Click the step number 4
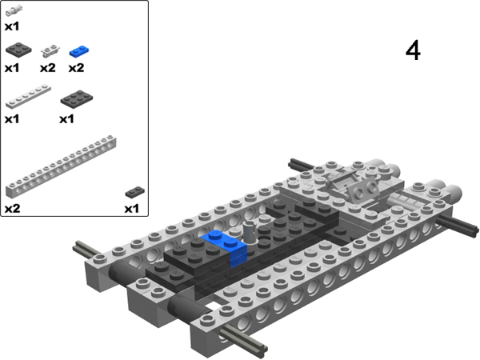(413, 50)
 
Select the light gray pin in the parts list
(15, 10)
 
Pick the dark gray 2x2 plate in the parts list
(17, 50)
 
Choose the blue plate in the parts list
(78, 51)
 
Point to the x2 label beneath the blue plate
(76, 68)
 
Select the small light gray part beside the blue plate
(50, 51)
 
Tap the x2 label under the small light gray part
(46, 68)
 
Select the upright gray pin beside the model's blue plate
(250, 232)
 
